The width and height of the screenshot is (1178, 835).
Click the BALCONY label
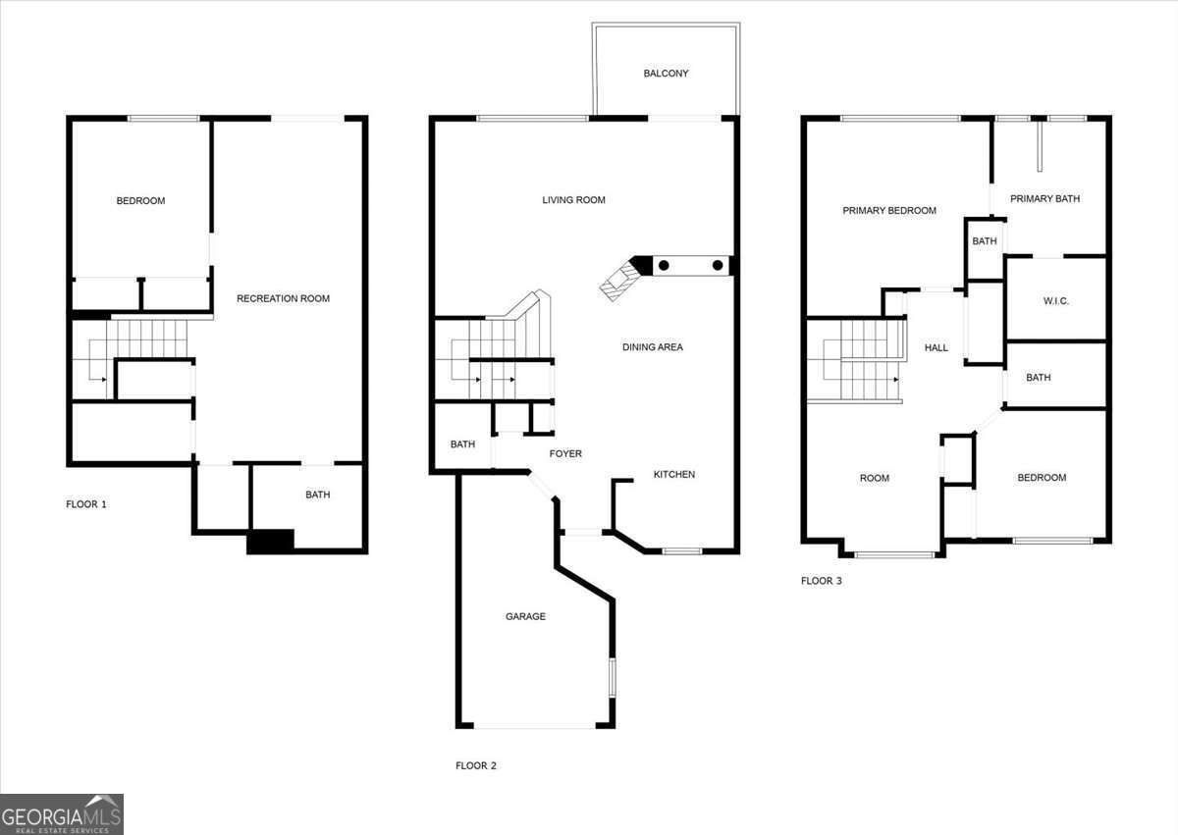click(x=666, y=74)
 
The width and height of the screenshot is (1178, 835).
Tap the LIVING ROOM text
click(x=573, y=200)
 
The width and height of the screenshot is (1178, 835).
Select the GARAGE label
click(x=525, y=616)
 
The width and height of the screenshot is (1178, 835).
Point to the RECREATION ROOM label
click(x=283, y=298)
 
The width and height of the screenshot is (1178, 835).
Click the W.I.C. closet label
click(x=1056, y=301)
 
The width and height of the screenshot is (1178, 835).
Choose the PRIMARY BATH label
click(x=1044, y=198)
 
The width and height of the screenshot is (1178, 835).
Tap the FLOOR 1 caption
click(x=86, y=504)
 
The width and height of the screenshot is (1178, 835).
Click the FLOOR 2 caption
click(x=476, y=765)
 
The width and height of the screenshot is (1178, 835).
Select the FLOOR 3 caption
click(x=822, y=581)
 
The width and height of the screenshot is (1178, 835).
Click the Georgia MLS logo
click(x=62, y=814)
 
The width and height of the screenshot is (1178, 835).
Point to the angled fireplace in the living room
click(x=620, y=280)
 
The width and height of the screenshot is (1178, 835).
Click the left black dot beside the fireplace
click(x=664, y=265)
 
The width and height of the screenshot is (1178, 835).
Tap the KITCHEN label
click(x=674, y=475)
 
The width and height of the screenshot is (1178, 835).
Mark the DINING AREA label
click(x=653, y=347)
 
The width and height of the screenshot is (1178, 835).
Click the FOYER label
click(x=565, y=453)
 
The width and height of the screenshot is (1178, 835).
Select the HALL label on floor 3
click(x=937, y=348)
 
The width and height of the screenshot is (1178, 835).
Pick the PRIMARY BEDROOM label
click(x=889, y=211)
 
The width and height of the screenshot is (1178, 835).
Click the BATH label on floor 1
click(x=318, y=495)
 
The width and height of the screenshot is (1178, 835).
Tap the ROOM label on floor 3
click(x=875, y=478)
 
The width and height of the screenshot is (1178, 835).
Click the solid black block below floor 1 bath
click(x=270, y=542)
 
